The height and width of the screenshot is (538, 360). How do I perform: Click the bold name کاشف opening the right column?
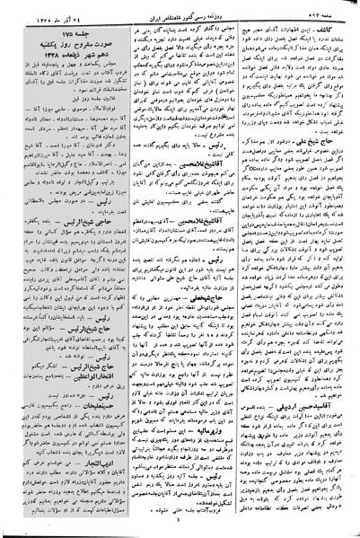[x=342, y=29]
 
